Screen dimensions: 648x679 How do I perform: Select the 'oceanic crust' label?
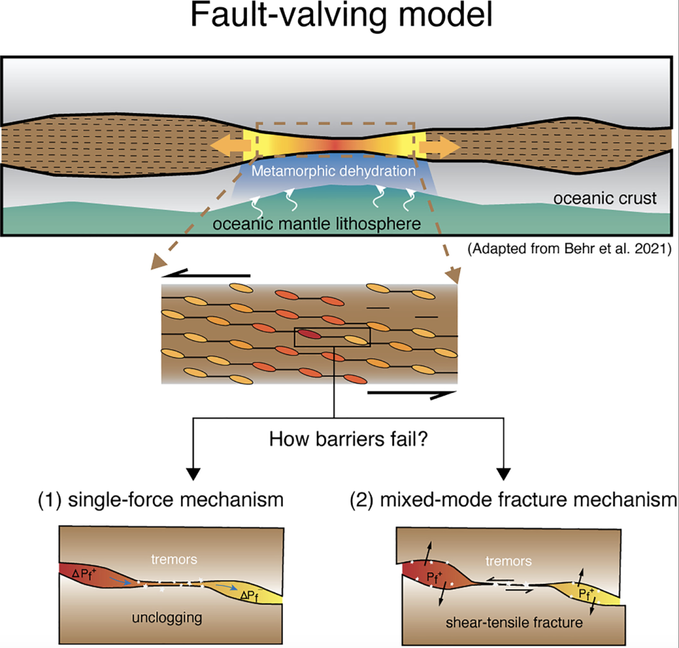605,199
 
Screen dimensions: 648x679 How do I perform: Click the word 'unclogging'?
167,617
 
